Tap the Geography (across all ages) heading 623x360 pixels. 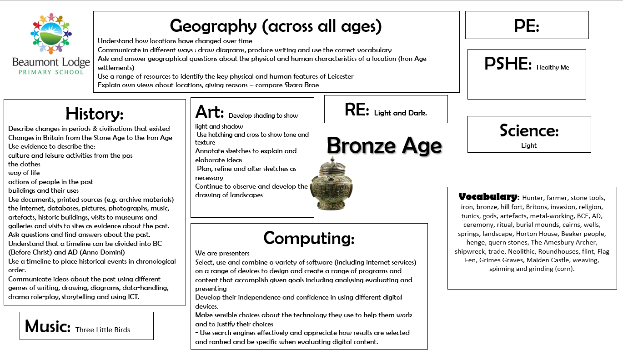[276, 26]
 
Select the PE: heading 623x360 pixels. [527, 26]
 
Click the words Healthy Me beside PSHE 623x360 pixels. [553, 67]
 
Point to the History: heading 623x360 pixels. [94, 113]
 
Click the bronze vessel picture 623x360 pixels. [332, 185]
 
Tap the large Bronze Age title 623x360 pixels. [384, 146]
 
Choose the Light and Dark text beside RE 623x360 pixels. [400, 113]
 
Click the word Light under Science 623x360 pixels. [529, 145]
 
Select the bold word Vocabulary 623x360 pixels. [488, 197]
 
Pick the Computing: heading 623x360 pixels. [309, 238]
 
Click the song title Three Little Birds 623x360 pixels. [103, 330]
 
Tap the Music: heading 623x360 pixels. [47, 326]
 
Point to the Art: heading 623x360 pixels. [210, 111]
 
